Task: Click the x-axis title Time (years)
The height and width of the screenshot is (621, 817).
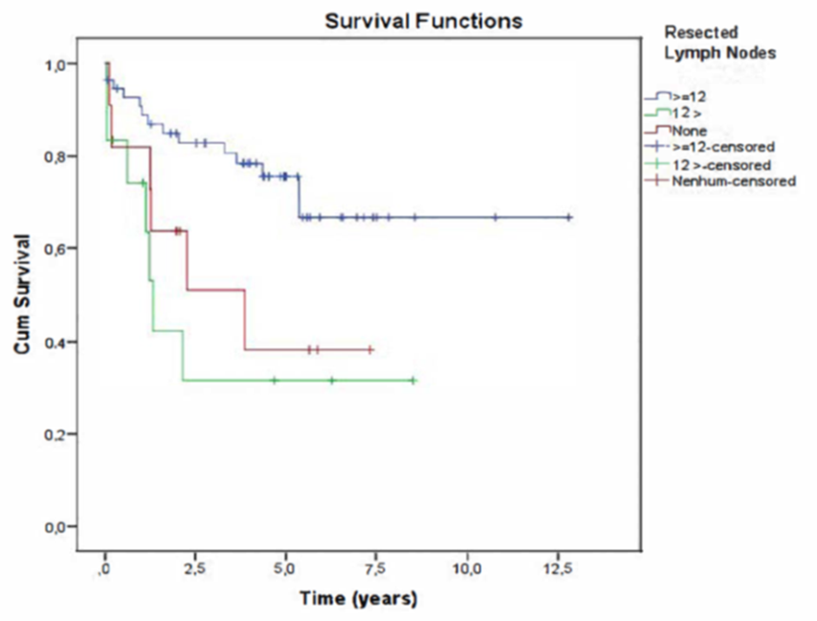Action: click(x=359, y=600)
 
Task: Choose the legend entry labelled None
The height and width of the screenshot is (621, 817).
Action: click(x=690, y=130)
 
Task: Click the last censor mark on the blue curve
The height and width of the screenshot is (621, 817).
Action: click(x=569, y=217)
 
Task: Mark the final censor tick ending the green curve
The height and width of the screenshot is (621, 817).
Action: click(x=413, y=380)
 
